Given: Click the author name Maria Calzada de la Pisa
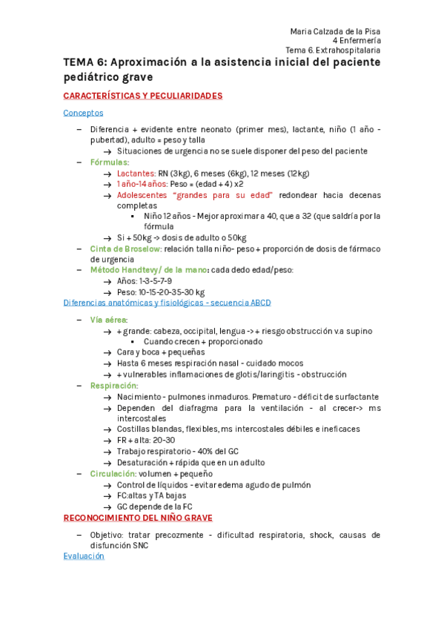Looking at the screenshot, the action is (335, 30).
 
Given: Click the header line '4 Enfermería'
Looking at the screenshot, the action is (357, 40).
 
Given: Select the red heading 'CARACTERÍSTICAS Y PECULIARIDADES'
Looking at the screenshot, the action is (143, 96).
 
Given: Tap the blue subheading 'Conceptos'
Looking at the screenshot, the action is (83, 113).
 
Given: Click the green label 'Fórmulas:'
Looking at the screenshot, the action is (110, 162).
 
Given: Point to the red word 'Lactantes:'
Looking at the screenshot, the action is (136, 173).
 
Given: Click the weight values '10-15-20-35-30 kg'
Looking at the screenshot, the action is (171, 292).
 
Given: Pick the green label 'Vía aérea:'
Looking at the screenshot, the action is (109, 320).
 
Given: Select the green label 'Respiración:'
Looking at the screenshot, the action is (114, 386).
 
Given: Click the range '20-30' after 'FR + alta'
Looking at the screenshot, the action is (165, 441).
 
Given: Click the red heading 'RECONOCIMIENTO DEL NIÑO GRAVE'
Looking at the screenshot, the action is (138, 517).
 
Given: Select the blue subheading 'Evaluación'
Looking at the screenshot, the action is (84, 556).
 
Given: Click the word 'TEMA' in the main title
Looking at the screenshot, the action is (79, 62).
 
